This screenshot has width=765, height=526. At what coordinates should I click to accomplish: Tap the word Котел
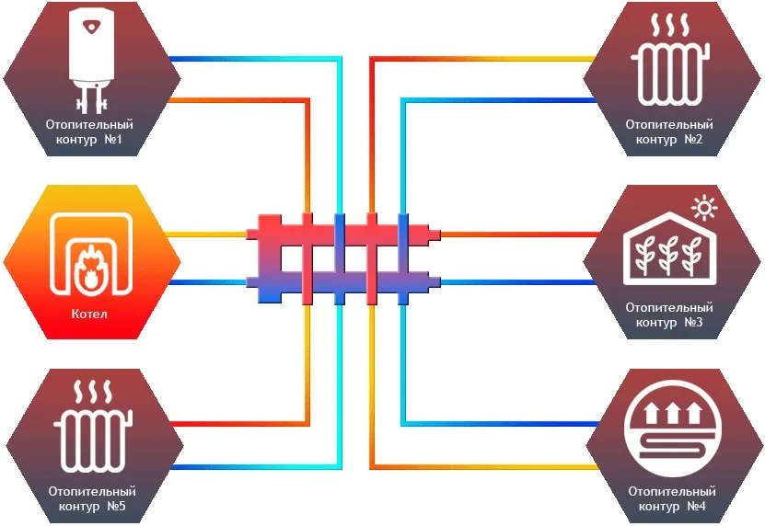tap(89, 314)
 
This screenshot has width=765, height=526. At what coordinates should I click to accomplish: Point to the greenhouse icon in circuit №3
tap(670, 250)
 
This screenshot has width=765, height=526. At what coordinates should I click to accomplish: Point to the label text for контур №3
tap(670, 314)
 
